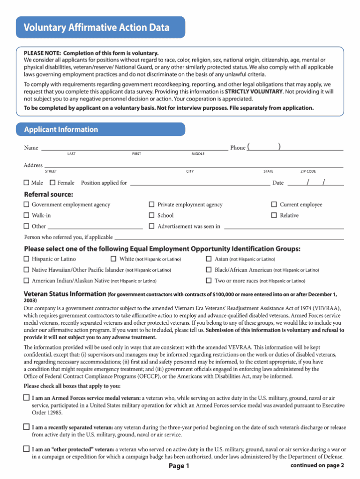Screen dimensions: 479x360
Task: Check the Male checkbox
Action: (x=27, y=182)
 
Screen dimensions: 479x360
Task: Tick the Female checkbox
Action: (x=52, y=182)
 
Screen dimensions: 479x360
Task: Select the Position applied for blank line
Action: (x=199, y=183)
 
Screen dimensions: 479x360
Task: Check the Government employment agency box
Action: (x=27, y=205)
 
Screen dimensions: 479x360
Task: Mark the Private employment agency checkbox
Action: (x=152, y=205)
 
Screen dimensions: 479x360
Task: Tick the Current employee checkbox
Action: (x=274, y=205)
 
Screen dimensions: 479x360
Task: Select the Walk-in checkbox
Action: (x=27, y=215)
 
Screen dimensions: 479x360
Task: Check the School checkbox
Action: (x=152, y=215)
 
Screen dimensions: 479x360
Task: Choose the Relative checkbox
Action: (x=274, y=215)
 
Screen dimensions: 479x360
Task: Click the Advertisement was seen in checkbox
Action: (x=152, y=226)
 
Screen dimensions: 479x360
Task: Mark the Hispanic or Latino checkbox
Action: (x=27, y=259)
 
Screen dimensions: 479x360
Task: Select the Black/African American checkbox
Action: (x=209, y=270)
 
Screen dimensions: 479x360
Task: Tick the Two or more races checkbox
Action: (x=209, y=281)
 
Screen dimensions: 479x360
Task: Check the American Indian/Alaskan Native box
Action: (x=27, y=281)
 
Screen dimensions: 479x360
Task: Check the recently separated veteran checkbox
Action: (x=27, y=427)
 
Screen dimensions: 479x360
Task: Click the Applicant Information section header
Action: (x=61, y=129)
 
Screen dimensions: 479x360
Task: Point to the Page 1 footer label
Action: (x=179, y=466)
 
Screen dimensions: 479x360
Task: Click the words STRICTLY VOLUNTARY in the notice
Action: (x=254, y=91)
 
